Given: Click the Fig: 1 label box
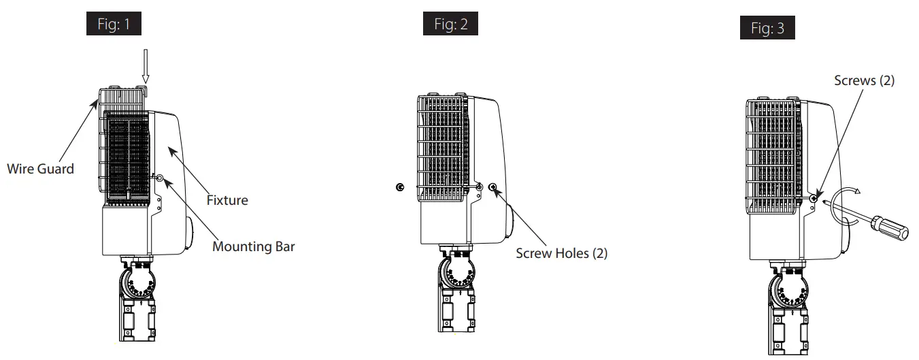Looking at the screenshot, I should [x=114, y=25].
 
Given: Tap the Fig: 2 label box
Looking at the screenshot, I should [x=450, y=24].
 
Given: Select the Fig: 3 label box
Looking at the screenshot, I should [x=767, y=28].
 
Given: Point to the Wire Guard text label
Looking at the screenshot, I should [x=40, y=169].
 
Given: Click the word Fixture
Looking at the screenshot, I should [x=227, y=200].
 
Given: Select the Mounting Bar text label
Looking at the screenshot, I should [x=254, y=246].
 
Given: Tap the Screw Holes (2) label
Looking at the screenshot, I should [x=561, y=253].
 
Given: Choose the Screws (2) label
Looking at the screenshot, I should [x=864, y=80].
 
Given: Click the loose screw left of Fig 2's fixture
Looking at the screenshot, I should [x=399, y=187].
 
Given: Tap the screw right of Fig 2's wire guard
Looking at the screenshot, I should [x=492, y=187].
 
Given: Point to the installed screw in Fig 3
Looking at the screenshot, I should [x=814, y=198].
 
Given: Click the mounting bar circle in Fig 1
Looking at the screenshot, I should [x=160, y=178].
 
